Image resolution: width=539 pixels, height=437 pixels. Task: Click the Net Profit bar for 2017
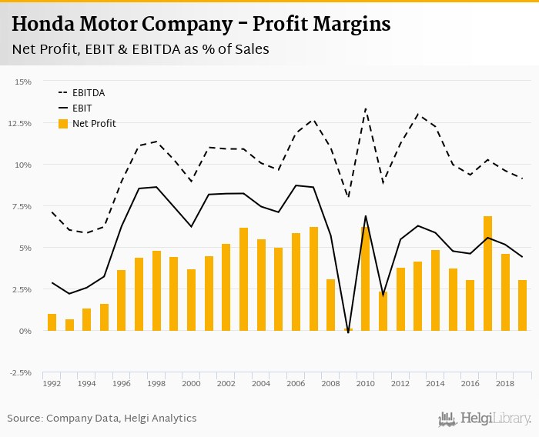pos(487,274)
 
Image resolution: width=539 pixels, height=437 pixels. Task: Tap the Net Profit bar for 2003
pos(243,279)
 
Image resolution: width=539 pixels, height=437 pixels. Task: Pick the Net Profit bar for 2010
pos(365,279)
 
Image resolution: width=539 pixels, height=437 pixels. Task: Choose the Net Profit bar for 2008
pos(330,305)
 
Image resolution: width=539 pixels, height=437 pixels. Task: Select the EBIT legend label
pos(81,108)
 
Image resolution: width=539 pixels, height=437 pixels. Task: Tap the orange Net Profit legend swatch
pos(63,124)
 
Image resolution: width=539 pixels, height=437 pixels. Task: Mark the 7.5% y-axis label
pos(22,206)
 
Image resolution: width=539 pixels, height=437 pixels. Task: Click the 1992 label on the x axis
pos(52,383)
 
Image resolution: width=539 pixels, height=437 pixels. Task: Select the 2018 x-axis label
pos(505,383)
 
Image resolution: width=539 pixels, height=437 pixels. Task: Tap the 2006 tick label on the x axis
pos(296,383)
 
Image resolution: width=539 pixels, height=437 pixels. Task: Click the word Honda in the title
pos(45,25)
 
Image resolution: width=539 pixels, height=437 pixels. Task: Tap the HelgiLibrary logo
pos(484,419)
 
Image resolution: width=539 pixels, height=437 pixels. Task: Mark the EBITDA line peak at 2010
pos(365,108)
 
